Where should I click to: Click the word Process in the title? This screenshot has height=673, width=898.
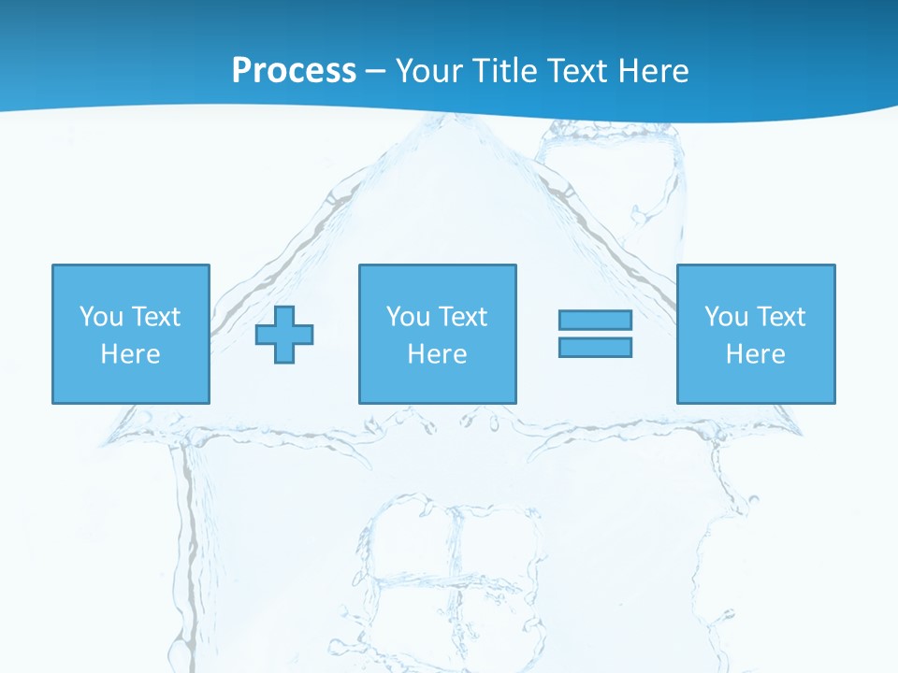(x=294, y=71)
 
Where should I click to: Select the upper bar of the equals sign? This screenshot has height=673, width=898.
(x=595, y=321)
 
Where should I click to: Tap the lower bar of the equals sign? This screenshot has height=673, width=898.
(x=595, y=347)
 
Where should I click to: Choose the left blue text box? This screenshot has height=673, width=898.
(x=131, y=334)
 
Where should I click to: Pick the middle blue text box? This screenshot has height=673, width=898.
(x=437, y=334)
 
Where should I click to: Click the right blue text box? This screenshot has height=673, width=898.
(x=756, y=334)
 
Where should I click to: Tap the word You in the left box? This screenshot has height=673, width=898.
(x=101, y=317)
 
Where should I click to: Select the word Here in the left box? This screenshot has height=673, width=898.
(x=131, y=354)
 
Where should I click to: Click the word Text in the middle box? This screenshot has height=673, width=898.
(x=462, y=317)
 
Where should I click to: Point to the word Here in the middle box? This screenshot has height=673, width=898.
(x=437, y=354)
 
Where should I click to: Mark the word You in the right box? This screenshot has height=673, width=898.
(x=726, y=317)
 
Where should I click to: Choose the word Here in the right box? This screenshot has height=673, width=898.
(x=756, y=354)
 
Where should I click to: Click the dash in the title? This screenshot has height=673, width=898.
(x=376, y=72)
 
